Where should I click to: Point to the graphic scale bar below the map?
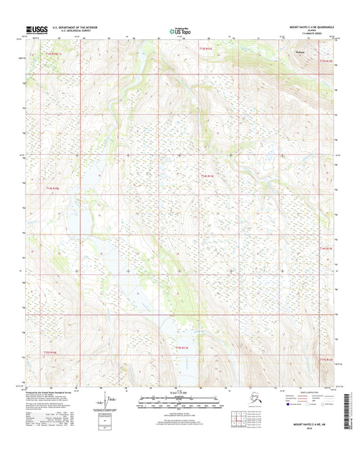(x=179, y=400)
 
